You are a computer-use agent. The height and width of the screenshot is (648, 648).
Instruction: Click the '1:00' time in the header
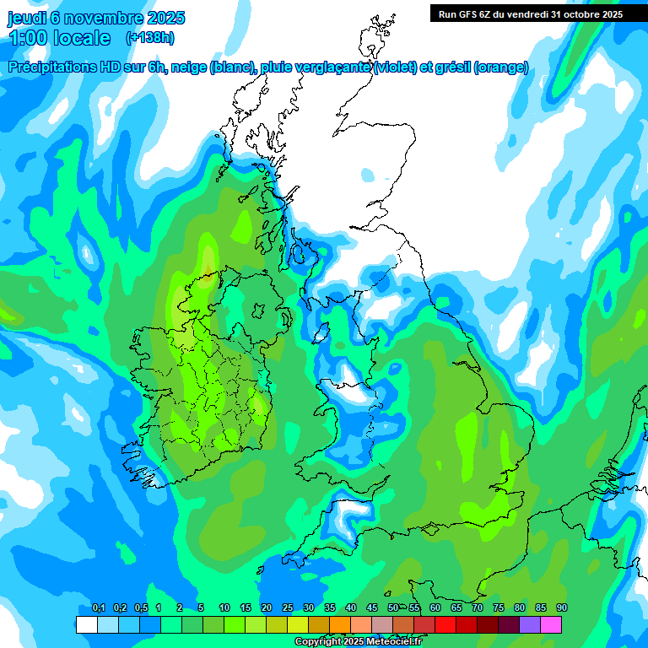pos(29,38)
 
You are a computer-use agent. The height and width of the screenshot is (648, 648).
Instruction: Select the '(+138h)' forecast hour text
pos(150,38)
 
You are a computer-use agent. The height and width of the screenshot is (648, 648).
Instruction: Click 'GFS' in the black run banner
pos(474,14)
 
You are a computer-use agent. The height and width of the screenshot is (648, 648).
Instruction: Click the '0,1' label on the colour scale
pos(99,608)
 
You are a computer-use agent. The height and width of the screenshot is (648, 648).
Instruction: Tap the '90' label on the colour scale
pos(562,608)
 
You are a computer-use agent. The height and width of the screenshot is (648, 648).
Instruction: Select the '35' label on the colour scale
pos(330,608)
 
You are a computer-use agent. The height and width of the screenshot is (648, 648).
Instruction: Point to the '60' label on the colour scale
pos(435,608)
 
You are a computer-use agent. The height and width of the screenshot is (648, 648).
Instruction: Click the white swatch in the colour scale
pos(86,624)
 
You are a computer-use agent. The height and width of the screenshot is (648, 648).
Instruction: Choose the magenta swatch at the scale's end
pos(551,624)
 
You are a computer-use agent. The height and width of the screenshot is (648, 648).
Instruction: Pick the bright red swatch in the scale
pos(445,624)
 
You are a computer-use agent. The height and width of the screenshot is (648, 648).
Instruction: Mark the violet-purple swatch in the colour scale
pos(530,624)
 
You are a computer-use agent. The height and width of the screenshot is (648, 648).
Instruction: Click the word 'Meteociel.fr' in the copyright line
pos(392,642)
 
